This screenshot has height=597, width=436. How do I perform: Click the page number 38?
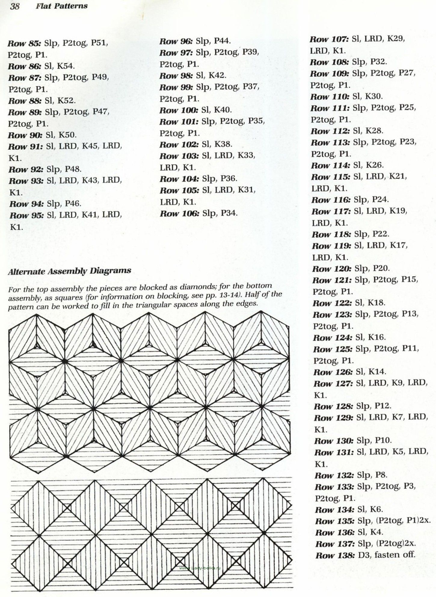tap(15, 6)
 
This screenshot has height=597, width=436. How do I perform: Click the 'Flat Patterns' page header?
tap(62, 6)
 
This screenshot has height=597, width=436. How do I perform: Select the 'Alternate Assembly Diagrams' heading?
tap(69, 271)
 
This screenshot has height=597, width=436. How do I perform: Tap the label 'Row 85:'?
tap(24, 43)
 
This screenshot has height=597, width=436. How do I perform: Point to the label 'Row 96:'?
tap(176, 41)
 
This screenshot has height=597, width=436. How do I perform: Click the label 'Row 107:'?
tap(329, 39)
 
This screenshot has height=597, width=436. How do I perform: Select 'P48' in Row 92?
tap(73, 169)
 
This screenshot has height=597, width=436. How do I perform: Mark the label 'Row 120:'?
tap(331, 268)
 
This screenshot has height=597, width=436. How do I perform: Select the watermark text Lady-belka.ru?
tap(200, 568)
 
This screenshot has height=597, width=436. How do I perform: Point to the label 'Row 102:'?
tap(179, 145)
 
